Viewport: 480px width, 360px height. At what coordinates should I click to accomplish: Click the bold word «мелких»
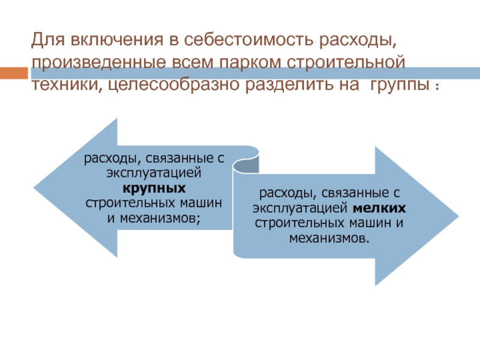pos(380,208)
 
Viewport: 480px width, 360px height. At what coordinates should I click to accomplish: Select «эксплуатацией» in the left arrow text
pos(156,173)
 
